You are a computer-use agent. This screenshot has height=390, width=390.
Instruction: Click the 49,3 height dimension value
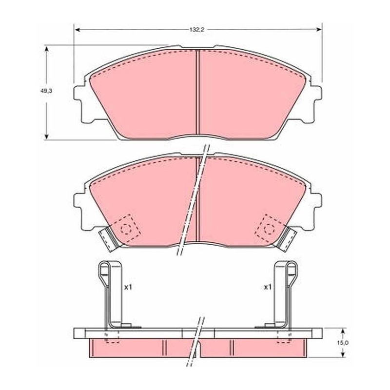(46, 91)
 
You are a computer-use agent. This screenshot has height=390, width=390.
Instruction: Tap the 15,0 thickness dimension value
(343, 343)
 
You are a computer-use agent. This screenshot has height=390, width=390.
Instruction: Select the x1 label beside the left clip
(128, 288)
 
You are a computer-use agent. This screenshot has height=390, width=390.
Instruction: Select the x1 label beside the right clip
(267, 288)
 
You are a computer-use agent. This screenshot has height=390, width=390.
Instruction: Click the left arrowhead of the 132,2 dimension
(78, 30)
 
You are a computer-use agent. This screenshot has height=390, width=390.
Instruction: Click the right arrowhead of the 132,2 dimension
(319, 30)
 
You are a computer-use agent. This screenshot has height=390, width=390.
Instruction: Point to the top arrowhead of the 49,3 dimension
(46, 48)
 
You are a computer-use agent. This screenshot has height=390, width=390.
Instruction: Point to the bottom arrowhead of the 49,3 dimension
(46, 137)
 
